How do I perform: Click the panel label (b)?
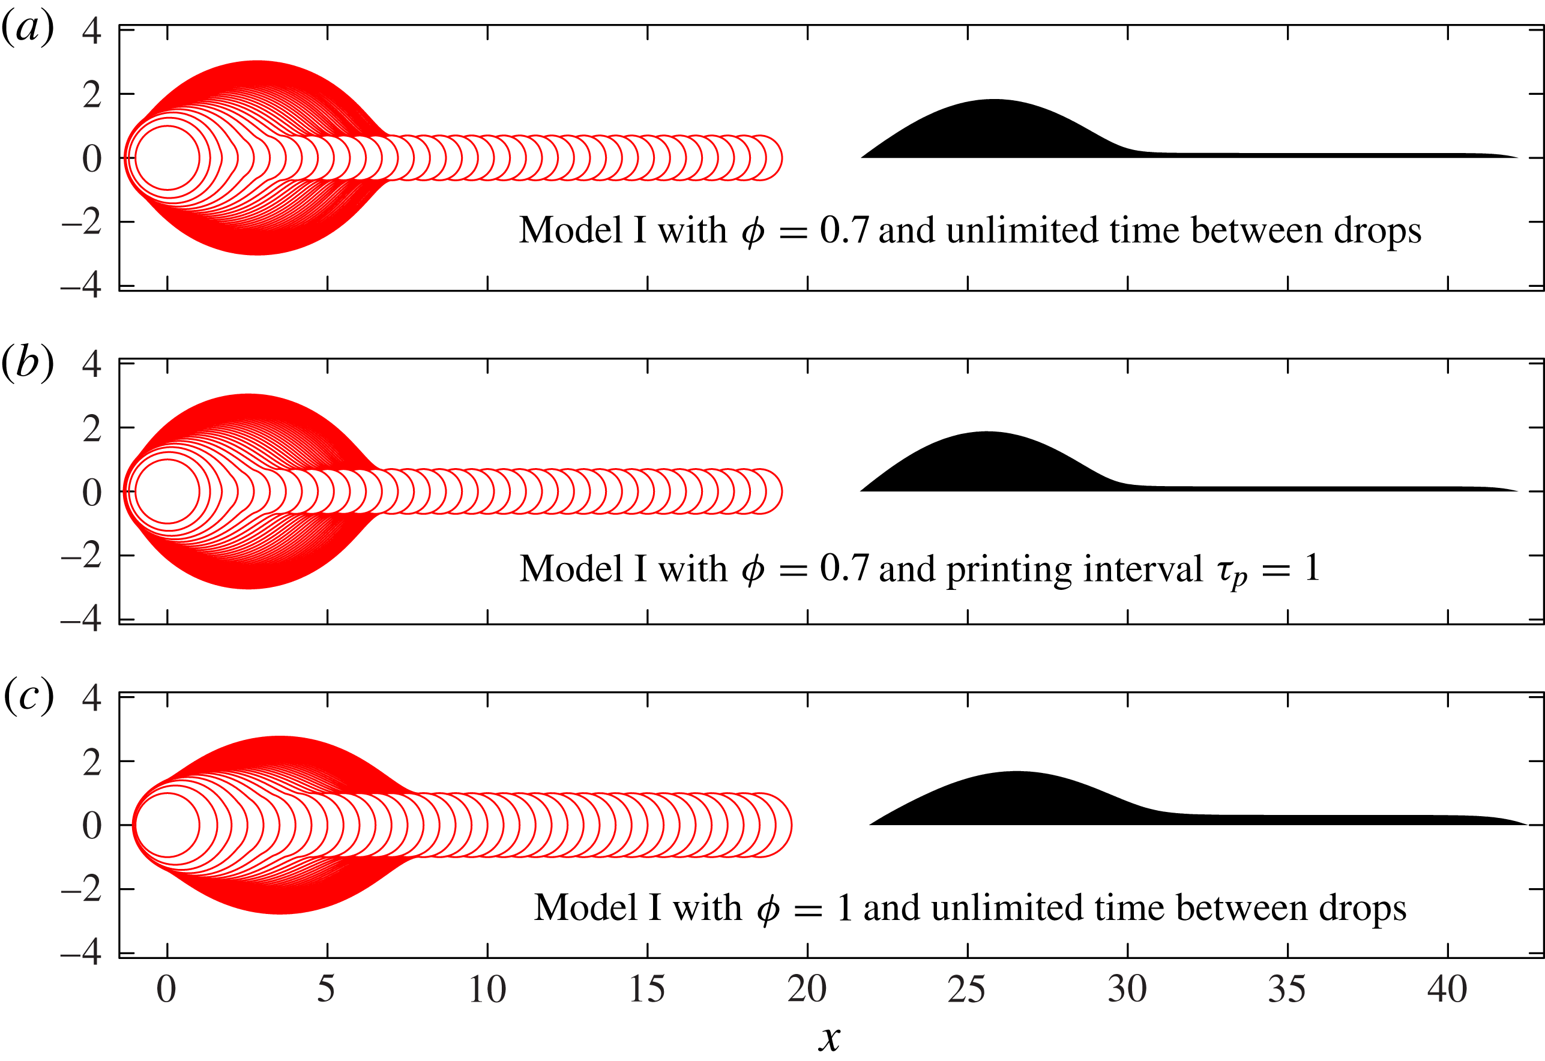click(x=28, y=363)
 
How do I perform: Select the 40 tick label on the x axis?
click(x=1447, y=989)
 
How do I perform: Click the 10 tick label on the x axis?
click(x=487, y=989)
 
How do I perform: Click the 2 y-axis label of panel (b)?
click(x=92, y=429)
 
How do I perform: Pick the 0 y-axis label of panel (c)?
click(x=92, y=826)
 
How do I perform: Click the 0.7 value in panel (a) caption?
click(x=844, y=230)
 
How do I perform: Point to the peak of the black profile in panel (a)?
click(x=994, y=100)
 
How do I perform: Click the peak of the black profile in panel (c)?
click(x=1016, y=772)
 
